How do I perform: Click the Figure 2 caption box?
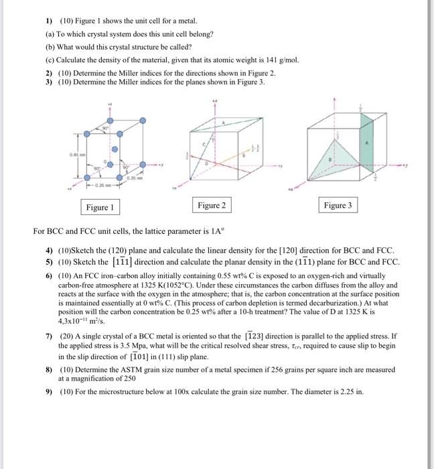coord(212,204)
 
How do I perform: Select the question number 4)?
coord(49,249)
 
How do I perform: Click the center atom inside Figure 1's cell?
coord(115,149)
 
